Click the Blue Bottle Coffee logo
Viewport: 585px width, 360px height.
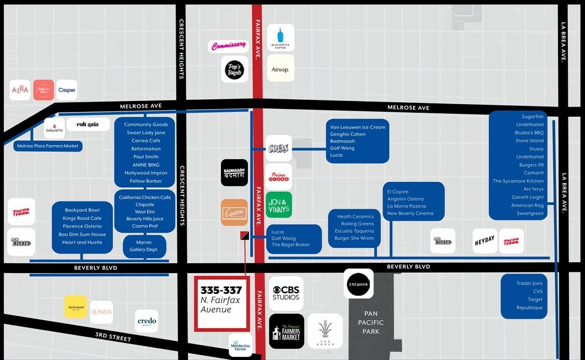click(280, 37)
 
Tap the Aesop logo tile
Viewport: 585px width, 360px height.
click(280, 69)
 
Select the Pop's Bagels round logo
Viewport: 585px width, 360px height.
click(234, 69)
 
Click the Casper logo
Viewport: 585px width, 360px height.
click(67, 90)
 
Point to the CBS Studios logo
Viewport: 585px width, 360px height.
click(286, 293)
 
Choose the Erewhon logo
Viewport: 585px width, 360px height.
click(358, 283)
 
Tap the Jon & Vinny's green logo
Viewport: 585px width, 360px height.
click(278, 204)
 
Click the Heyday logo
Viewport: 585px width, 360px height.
click(485, 241)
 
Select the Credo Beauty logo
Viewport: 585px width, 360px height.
click(147, 321)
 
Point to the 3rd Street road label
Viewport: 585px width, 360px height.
click(113, 337)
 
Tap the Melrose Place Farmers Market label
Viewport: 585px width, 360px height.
click(48, 146)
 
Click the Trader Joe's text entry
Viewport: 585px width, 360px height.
click(529, 283)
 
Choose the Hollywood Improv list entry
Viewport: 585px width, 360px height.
click(145, 173)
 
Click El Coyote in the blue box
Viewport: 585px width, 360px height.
click(398, 192)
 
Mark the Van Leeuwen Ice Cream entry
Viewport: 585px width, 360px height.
click(357, 127)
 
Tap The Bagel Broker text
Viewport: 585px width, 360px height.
click(291, 245)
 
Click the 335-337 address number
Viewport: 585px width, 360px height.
click(221, 290)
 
